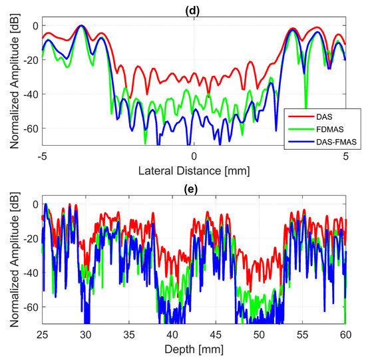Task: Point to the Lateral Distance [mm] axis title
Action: (x=194, y=170)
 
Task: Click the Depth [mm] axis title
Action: (x=194, y=348)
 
